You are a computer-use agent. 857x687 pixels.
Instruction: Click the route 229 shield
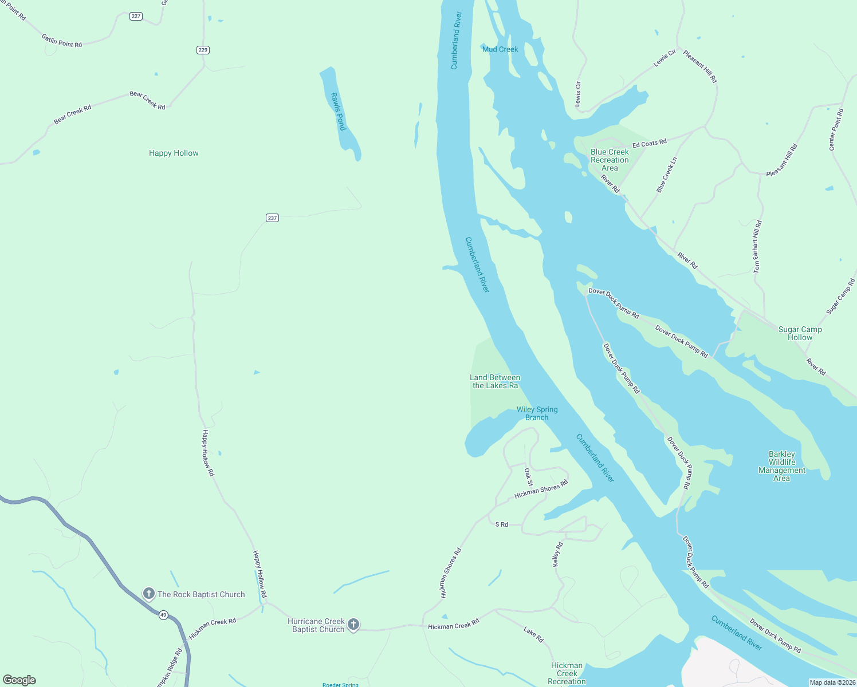click(203, 50)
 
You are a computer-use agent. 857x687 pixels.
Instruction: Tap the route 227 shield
click(136, 16)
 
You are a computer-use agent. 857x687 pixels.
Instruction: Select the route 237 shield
click(272, 218)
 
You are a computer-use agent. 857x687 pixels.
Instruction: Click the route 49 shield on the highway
click(163, 615)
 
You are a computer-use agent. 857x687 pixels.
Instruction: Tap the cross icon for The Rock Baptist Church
click(149, 594)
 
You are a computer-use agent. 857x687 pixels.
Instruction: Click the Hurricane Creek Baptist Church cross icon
click(353, 625)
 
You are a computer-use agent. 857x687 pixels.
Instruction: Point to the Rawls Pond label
click(339, 112)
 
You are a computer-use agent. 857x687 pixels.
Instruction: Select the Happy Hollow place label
click(174, 153)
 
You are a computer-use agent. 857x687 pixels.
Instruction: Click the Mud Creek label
click(500, 49)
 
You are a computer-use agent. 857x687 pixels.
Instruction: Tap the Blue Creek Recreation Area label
click(610, 160)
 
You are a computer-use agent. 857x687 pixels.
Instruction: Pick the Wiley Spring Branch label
click(537, 413)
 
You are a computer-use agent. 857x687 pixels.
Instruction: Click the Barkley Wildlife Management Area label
click(782, 466)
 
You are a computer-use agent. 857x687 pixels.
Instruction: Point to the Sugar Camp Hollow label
click(800, 333)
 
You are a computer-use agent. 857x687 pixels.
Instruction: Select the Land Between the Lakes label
click(495, 381)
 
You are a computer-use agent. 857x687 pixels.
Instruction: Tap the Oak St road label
click(528, 477)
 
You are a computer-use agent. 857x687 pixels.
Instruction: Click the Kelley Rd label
click(557, 554)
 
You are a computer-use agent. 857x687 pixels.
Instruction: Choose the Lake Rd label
click(533, 634)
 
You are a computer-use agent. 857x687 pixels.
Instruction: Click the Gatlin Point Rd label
click(62, 41)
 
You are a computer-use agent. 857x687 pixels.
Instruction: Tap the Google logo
click(19, 680)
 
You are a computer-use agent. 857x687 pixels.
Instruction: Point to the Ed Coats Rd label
click(650, 144)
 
